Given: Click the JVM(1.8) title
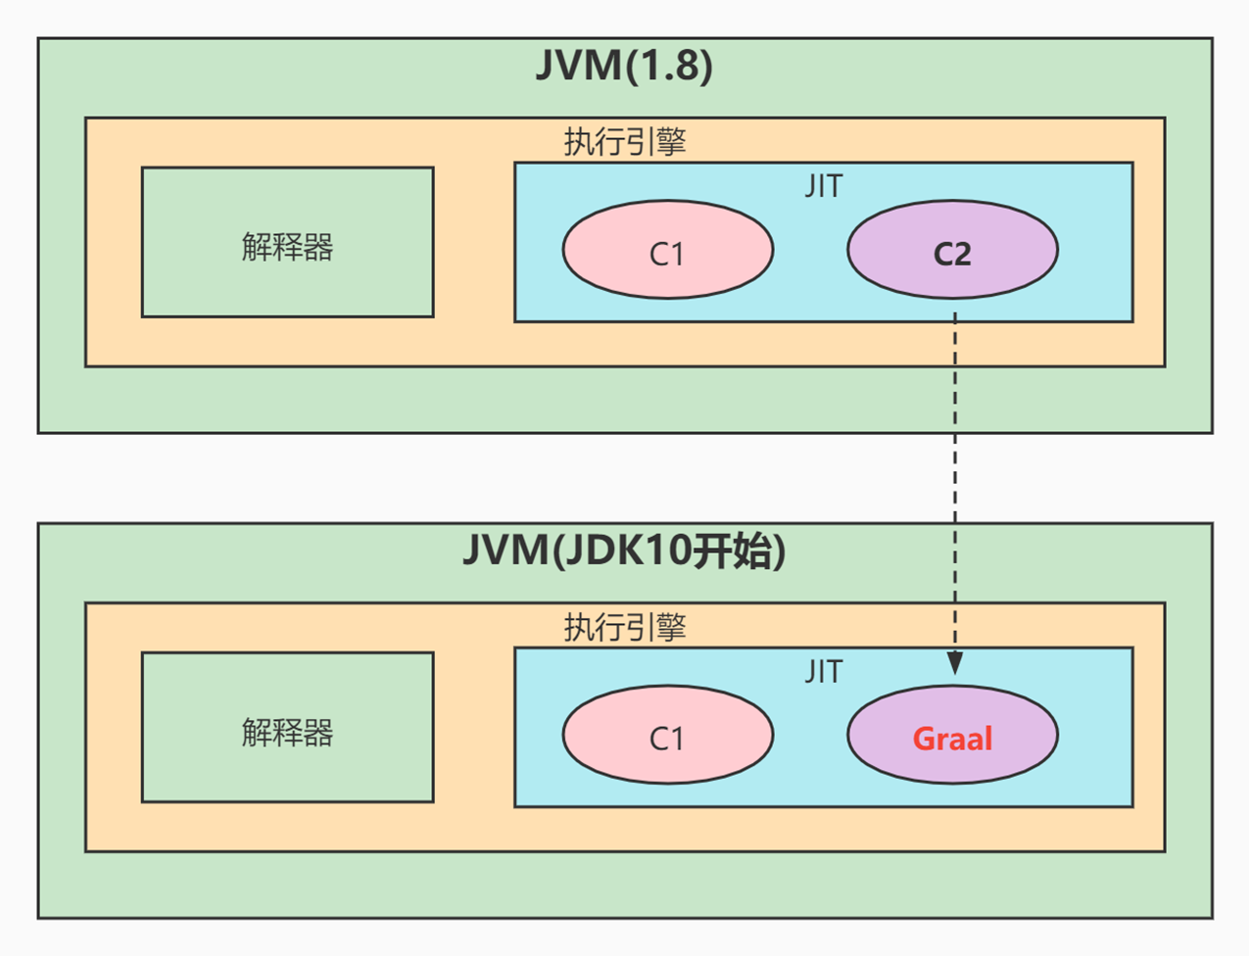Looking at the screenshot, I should click(624, 66).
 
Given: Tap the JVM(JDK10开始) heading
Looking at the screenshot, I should click(624, 550).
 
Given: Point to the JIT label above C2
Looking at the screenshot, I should click(823, 186).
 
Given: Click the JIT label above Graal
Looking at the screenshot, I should click(823, 672).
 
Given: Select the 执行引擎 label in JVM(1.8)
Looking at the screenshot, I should click(625, 142).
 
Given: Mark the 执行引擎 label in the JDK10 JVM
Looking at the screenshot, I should click(625, 627).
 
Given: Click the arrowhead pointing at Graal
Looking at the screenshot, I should click(954, 663).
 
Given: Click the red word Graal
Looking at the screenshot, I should click(952, 739).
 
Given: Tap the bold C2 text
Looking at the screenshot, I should click(952, 255).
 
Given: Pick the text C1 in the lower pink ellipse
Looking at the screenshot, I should click(667, 739).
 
